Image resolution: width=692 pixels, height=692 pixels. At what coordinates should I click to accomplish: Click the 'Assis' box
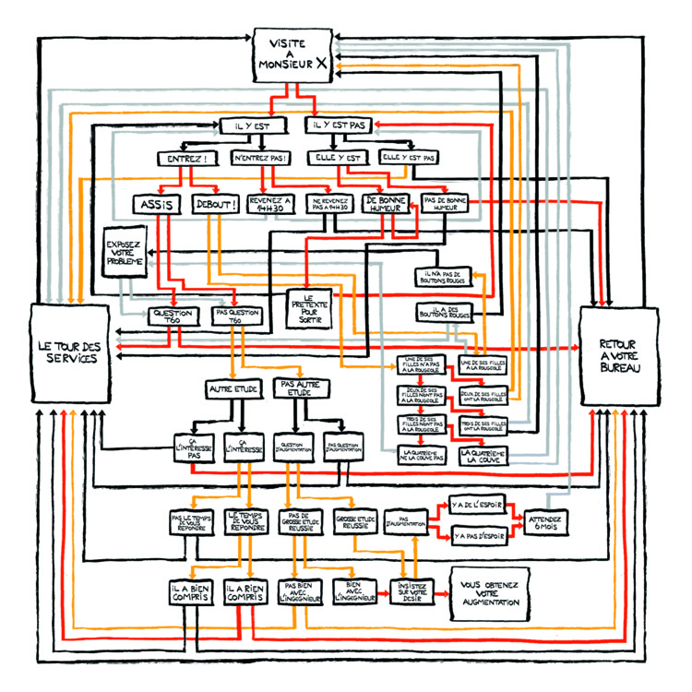(160, 205)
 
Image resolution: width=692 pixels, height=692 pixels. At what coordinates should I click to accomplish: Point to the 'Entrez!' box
(186, 158)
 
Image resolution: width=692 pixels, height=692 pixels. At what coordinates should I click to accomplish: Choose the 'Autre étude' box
(233, 389)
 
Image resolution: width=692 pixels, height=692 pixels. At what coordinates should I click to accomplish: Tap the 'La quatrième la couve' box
(481, 455)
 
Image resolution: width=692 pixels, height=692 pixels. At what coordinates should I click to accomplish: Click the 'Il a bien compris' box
(192, 595)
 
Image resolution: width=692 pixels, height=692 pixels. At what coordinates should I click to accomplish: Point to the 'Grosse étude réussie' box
(352, 522)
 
